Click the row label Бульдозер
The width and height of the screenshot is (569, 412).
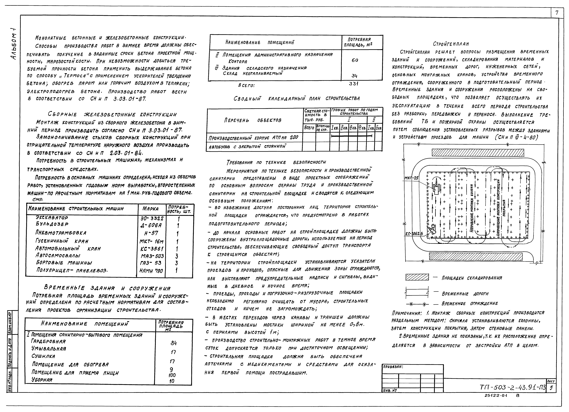(52, 224)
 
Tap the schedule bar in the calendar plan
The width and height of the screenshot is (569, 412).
(351, 136)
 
